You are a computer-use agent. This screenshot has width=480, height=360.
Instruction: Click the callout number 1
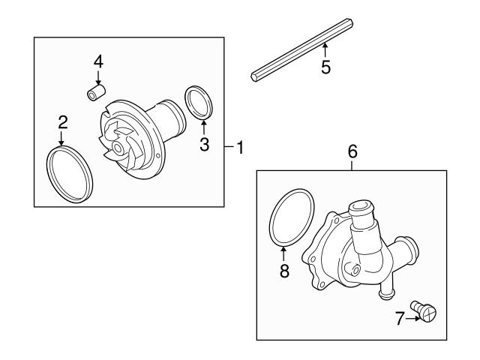point(240,148)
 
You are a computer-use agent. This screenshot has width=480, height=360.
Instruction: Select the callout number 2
point(63,121)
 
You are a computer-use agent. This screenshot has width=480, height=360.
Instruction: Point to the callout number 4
point(98,60)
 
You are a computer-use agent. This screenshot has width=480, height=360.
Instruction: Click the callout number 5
point(325,67)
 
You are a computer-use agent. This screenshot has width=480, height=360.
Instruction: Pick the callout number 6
point(352,151)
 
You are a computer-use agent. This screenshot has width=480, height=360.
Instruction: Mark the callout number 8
point(284,271)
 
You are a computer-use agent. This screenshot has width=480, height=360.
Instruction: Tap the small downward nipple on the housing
point(385,288)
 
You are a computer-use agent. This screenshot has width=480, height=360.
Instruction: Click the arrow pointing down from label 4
point(98,77)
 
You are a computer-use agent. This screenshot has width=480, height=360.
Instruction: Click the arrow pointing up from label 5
point(325,50)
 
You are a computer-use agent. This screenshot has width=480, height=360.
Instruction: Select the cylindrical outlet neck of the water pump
point(169,119)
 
